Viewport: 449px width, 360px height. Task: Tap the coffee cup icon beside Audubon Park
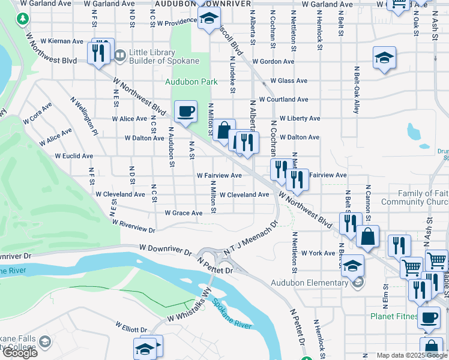[185, 112]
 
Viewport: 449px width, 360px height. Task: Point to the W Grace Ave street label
[184, 213]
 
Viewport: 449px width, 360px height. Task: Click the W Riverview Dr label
[134, 225]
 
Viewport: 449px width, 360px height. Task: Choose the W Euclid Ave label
[74, 156]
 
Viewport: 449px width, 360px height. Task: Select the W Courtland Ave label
[283, 100]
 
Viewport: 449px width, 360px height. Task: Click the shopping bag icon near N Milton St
[224, 130]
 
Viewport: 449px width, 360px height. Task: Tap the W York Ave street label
[318, 253]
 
